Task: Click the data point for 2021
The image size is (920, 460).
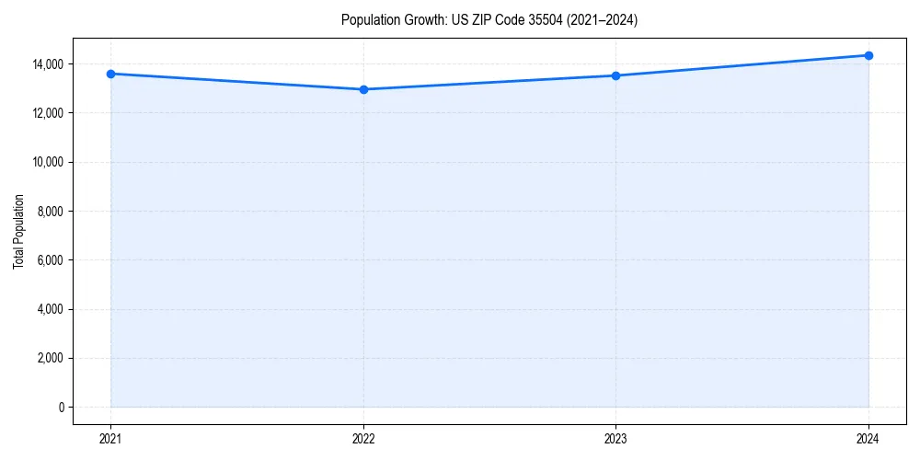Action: click(110, 74)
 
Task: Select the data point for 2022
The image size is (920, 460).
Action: click(363, 89)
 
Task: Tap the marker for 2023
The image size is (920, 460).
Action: click(615, 75)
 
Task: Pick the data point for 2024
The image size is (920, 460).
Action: click(868, 55)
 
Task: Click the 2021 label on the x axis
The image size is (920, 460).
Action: click(110, 439)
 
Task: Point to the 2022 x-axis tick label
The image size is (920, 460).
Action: click(363, 439)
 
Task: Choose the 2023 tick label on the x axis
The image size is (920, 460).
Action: click(615, 439)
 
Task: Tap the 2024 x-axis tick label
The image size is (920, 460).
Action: click(868, 439)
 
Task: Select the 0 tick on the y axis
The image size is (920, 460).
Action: click(62, 408)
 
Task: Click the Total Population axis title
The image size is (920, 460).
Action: click(18, 231)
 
